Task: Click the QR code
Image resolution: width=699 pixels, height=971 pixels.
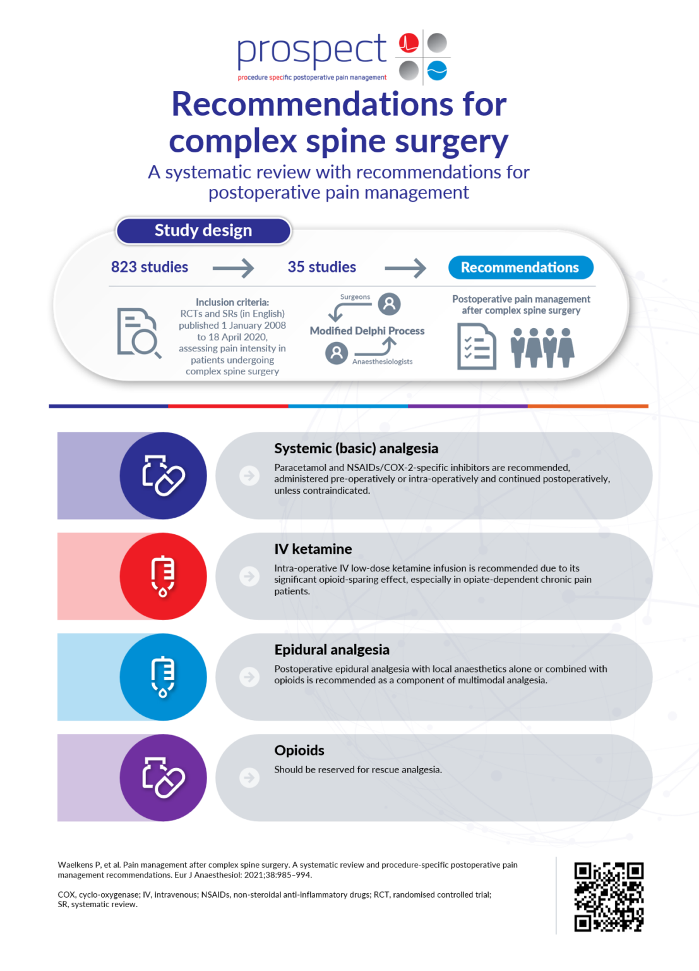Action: tap(608, 896)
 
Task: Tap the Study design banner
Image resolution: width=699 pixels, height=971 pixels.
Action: tap(203, 231)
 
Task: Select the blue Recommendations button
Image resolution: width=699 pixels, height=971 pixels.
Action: tap(520, 267)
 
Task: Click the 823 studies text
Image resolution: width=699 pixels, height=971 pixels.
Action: tap(150, 267)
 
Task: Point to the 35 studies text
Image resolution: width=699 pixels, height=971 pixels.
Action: tap(322, 267)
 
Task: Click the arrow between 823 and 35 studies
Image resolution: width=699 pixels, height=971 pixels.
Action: tap(233, 268)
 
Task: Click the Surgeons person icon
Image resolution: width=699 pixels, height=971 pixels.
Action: tap(390, 304)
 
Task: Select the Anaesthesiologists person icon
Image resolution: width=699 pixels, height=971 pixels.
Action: tap(337, 353)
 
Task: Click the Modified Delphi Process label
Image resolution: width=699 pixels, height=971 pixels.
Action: tap(367, 331)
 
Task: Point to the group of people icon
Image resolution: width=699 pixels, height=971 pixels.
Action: tap(542, 347)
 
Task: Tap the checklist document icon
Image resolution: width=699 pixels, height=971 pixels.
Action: tap(476, 346)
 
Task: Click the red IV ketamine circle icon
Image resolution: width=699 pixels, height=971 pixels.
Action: tap(163, 576)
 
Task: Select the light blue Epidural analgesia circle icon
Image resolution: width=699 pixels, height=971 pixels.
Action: tap(163, 676)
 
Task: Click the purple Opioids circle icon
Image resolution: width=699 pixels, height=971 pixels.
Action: tap(163, 777)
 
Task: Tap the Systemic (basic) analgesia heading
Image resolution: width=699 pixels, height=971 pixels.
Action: tap(356, 448)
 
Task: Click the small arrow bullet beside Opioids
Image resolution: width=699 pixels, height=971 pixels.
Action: tap(250, 777)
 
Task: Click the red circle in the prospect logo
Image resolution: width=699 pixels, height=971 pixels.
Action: tap(409, 43)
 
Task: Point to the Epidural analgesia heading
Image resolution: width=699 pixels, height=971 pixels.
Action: tap(332, 650)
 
